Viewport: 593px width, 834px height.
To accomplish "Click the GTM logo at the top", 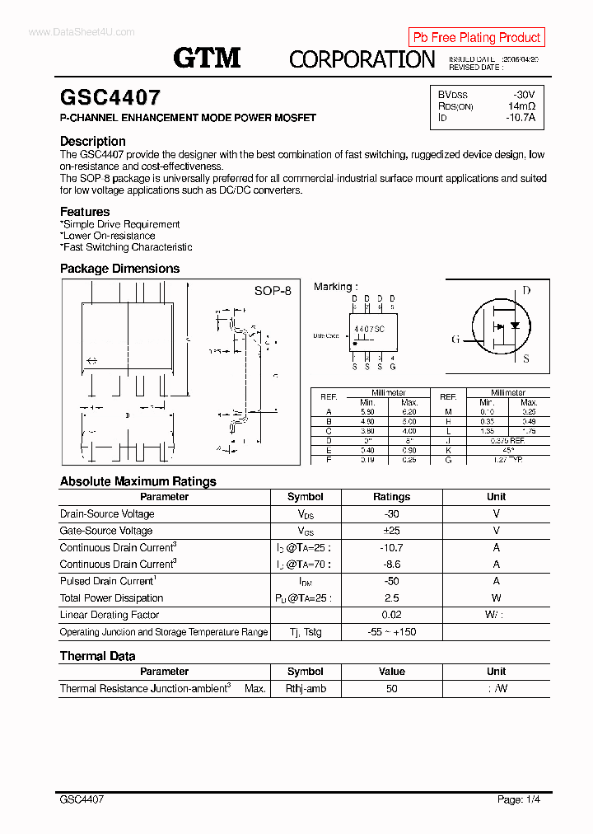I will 207,57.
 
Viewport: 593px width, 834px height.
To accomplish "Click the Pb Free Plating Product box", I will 476,37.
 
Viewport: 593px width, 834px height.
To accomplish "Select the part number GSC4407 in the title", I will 110,98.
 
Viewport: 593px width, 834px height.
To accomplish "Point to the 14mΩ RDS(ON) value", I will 521,106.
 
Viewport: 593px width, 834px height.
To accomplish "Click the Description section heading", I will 93,141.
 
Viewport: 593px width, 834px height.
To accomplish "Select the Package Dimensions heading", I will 119,269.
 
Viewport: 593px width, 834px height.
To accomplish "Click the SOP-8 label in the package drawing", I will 272,291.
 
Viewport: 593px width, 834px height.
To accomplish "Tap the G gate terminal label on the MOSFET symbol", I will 455,340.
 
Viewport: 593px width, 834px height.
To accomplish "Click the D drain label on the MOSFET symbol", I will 526,291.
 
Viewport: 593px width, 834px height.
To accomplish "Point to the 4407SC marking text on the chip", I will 369,328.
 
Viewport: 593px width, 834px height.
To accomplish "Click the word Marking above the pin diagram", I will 334,287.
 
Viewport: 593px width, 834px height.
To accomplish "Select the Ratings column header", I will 391,497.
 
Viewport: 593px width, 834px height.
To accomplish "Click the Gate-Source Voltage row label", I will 106,531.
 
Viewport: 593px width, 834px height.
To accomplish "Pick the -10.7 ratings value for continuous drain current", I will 391,548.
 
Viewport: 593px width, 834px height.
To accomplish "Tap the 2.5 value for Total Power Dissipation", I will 391,598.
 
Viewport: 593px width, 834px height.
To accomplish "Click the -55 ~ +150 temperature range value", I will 391,632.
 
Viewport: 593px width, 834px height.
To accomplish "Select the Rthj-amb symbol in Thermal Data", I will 306,689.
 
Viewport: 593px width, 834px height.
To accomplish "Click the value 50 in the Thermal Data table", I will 391,689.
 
